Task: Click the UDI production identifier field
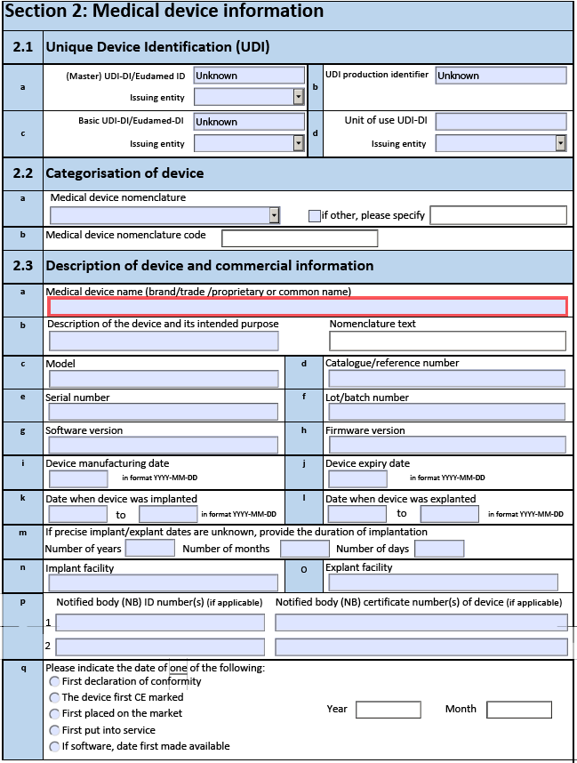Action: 501,76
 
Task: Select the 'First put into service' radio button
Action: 55,730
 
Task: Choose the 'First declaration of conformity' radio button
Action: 55,682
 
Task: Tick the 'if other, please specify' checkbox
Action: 314,215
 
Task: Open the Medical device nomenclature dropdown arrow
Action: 274,215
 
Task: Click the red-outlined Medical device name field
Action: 307,307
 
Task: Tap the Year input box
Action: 388,710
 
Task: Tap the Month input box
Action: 519,710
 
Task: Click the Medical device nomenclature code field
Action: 300,238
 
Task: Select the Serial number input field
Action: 163,412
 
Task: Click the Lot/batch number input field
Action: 446,412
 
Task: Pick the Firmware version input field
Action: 446,445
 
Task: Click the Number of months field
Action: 304,549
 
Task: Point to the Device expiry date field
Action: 357,478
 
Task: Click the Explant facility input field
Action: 443,582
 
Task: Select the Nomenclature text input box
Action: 447,341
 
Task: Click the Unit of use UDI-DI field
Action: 501,122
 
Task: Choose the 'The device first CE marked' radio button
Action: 55,698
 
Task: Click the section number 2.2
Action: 23,173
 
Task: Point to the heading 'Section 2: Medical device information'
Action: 164,12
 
